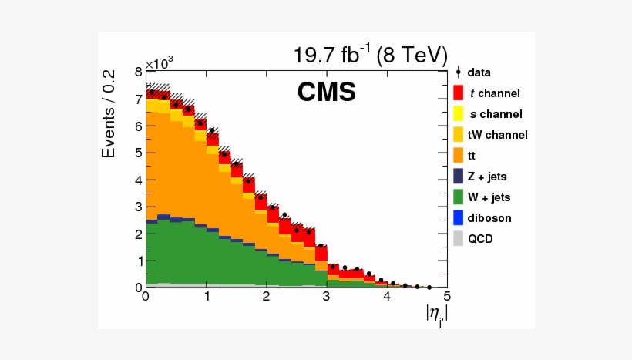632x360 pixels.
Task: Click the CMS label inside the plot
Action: pyautogui.click(x=327, y=93)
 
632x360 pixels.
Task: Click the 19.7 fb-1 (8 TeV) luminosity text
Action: pyautogui.click(x=370, y=56)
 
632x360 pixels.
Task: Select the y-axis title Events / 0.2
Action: pyautogui.click(x=110, y=114)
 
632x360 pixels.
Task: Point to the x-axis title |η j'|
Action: pyautogui.click(x=435, y=314)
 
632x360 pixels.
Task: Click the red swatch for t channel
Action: pyautogui.click(x=458, y=93)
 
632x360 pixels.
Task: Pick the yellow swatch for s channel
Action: pyautogui.click(x=458, y=113)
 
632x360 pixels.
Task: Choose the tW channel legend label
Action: pyautogui.click(x=497, y=134)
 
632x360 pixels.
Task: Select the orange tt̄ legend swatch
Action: pyautogui.click(x=458, y=155)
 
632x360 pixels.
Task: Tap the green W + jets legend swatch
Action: pyautogui.click(x=458, y=197)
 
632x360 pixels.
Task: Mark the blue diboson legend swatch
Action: pyautogui.click(x=458, y=217)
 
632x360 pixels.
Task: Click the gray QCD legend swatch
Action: pyautogui.click(x=458, y=238)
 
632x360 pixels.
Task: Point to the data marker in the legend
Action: pyautogui.click(x=458, y=72)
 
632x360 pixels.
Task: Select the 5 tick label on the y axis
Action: pyautogui.click(x=138, y=153)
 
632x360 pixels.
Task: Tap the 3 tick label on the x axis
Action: pyautogui.click(x=326, y=297)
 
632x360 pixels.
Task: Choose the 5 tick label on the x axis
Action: pyautogui.click(x=446, y=297)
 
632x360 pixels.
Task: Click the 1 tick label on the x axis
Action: pyautogui.click(x=206, y=297)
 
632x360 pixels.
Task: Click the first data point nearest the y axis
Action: pyautogui.click(x=152, y=92)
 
